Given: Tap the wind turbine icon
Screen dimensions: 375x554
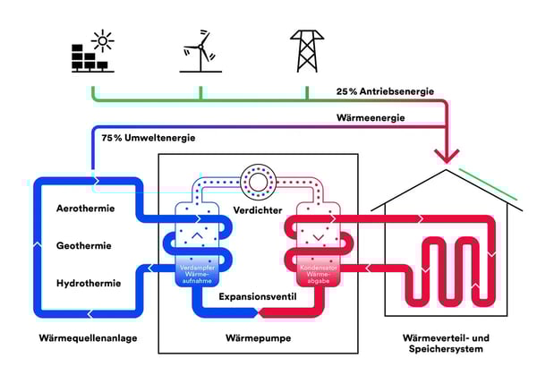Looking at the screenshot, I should click(200, 51).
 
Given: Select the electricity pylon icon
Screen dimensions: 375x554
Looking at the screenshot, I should click(307, 50).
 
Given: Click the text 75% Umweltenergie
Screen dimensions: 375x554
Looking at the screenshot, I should click(149, 138).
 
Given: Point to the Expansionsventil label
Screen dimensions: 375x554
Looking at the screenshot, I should click(259, 293).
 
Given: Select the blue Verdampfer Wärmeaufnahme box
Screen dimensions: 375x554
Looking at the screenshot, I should click(200, 271).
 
